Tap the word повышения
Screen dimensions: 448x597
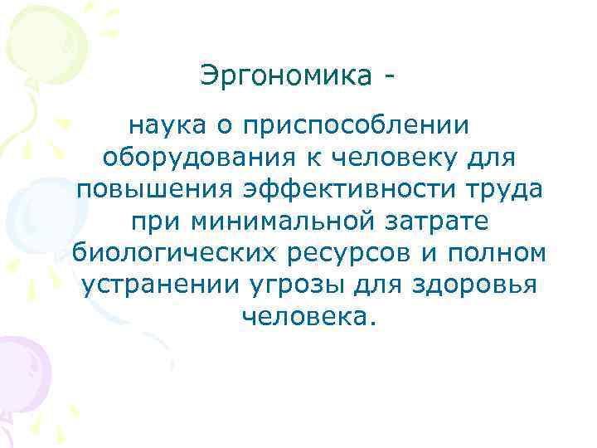click(155, 189)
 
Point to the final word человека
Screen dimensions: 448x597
click(308, 316)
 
